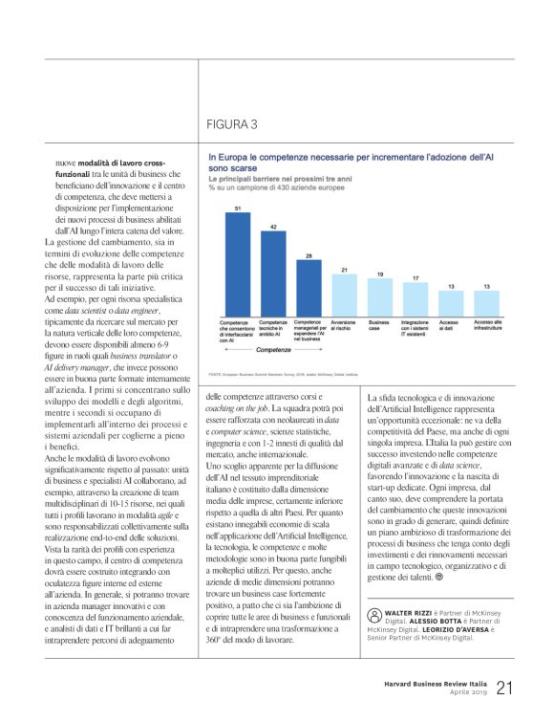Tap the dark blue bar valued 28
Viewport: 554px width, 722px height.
(308, 284)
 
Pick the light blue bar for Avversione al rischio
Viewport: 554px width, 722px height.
(343, 295)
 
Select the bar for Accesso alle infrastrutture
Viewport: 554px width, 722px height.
(486, 303)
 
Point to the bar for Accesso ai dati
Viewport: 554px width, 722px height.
(451, 303)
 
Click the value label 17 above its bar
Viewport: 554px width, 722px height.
(415, 277)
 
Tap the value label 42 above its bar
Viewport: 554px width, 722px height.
(272, 227)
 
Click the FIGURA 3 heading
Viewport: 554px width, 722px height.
(232, 123)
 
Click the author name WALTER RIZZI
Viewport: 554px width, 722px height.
(404, 608)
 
